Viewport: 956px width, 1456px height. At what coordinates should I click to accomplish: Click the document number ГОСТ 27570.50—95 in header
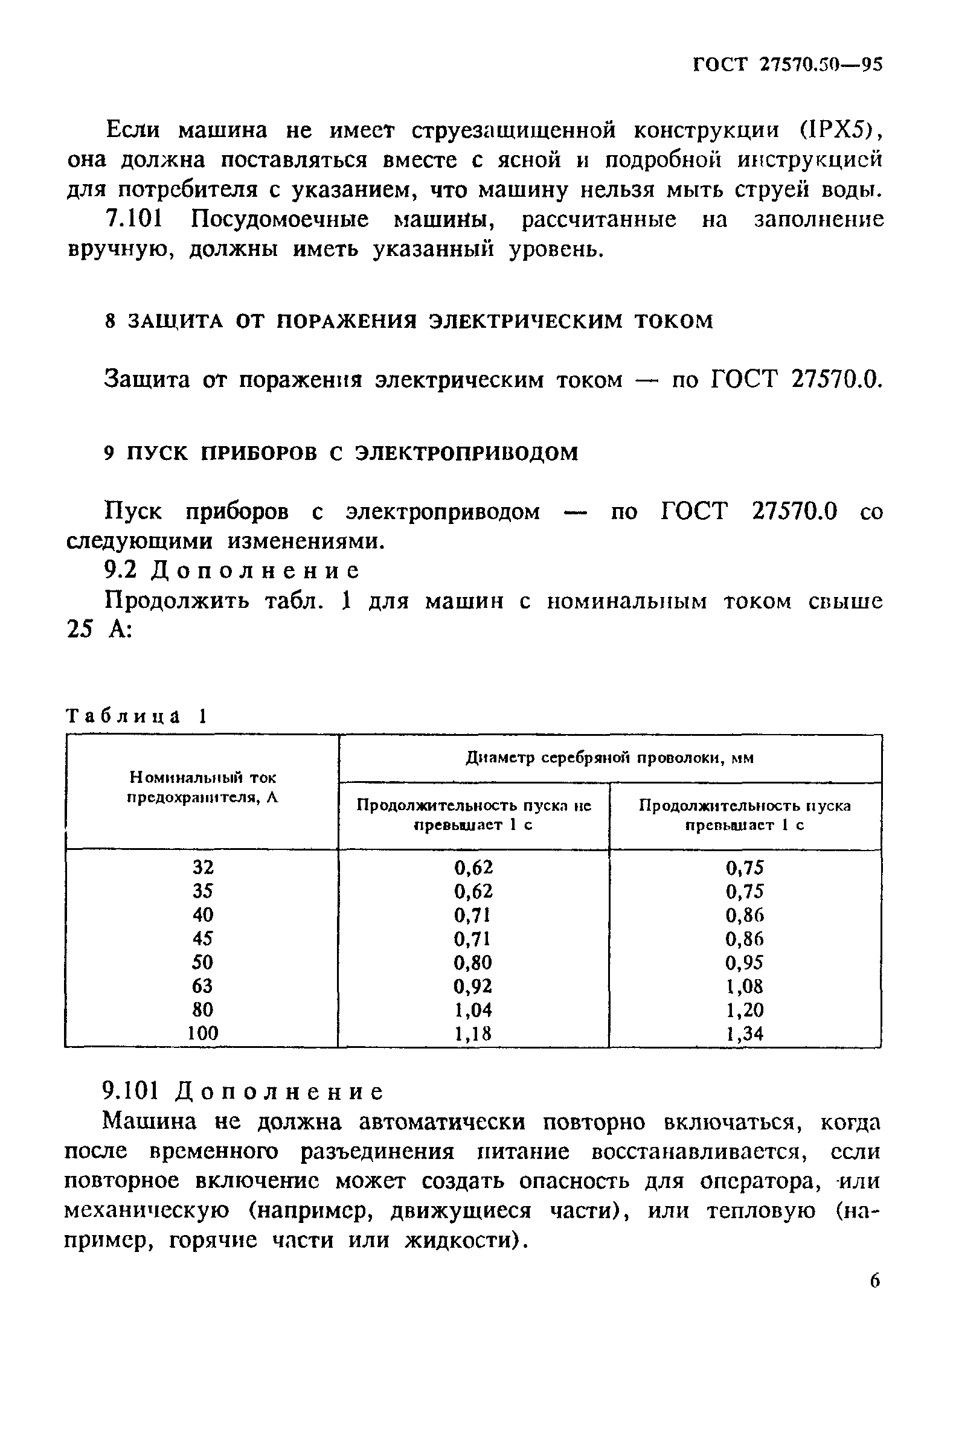coord(787,65)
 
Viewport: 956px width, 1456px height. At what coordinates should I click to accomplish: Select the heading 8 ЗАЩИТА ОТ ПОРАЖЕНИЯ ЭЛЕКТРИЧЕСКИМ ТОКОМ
coord(409,321)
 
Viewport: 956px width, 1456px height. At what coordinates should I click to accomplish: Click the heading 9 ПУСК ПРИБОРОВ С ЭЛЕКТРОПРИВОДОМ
coord(341,453)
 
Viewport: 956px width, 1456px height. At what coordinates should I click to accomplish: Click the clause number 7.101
coord(134,219)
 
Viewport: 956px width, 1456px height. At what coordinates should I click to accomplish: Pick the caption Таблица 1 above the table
coord(136,716)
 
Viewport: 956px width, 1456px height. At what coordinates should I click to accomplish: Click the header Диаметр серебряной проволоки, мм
coord(609,759)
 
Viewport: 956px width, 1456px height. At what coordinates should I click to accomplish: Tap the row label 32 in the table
coord(202,867)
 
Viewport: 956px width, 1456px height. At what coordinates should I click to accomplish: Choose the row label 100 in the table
coord(202,1033)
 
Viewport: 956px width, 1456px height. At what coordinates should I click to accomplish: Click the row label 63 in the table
coord(202,986)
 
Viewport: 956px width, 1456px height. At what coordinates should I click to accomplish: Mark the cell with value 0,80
coord(473,962)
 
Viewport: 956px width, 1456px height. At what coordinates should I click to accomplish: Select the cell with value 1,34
coord(745,1034)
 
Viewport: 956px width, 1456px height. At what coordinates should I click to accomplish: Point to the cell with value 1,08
coord(745,986)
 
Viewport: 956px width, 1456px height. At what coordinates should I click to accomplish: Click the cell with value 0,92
coord(473,986)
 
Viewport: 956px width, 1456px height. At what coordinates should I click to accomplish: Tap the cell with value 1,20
coord(745,1009)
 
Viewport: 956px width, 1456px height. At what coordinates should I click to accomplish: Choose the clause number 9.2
coord(120,571)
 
